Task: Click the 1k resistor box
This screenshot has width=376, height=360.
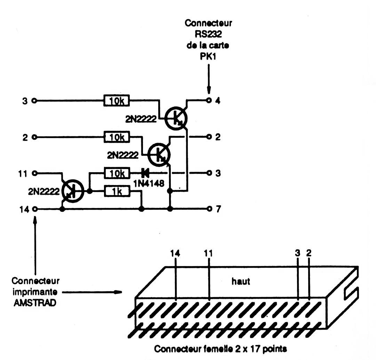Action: coord(117,191)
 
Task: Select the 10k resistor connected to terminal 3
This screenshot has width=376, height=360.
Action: coord(117,101)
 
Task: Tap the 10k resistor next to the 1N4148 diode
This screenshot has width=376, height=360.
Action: coord(117,173)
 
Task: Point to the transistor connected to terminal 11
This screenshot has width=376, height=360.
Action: coord(73,190)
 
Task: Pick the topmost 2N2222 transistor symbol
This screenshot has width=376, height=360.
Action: coord(176,119)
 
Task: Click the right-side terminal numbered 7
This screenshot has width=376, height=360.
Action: coord(209,209)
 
